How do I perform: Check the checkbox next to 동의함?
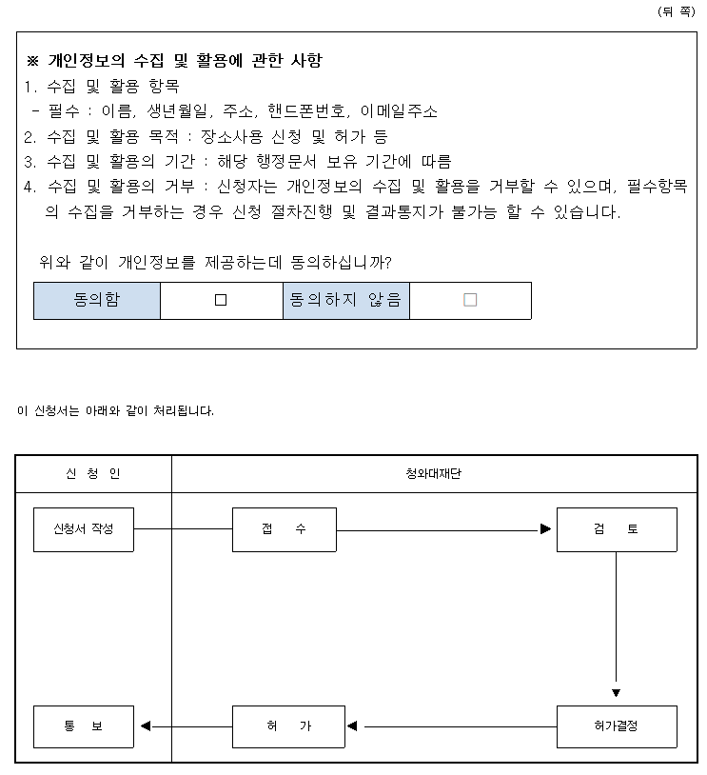[x=221, y=300]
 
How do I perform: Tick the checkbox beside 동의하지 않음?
[x=470, y=300]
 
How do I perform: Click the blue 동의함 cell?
[x=97, y=300]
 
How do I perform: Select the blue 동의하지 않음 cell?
[x=346, y=300]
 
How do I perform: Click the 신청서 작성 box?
[x=84, y=529]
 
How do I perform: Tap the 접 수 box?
[x=284, y=529]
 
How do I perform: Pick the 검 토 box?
[x=616, y=529]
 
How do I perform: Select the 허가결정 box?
[x=616, y=726]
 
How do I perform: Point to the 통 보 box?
[x=84, y=726]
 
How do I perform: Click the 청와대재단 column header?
[x=434, y=473]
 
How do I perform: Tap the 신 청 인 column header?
[x=93, y=473]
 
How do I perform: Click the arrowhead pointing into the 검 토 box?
[x=545, y=529]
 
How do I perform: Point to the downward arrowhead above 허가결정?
[x=616, y=692]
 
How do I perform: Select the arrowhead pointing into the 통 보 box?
[x=146, y=726]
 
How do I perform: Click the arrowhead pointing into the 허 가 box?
[x=352, y=726]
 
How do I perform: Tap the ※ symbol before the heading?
[x=31, y=62]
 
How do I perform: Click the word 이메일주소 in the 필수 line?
[x=399, y=111]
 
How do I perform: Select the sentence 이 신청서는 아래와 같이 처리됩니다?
[x=116, y=411]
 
